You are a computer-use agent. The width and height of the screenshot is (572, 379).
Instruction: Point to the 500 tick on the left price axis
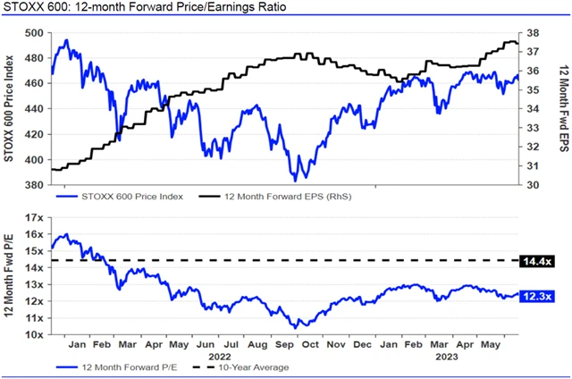point(33,33)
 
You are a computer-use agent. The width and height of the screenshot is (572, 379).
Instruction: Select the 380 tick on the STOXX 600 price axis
point(33,186)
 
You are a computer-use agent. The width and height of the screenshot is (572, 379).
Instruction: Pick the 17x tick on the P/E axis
point(33,217)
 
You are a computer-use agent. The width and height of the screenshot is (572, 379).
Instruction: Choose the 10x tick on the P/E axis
point(33,334)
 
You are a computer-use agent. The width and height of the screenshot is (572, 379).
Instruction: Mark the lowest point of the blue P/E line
point(295,328)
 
